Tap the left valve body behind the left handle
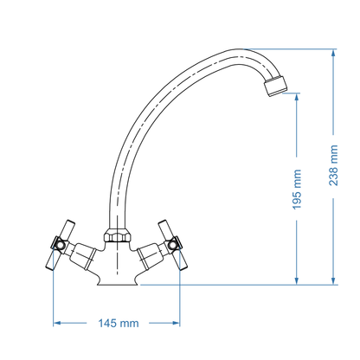(x=85, y=254)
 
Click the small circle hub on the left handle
(x=58, y=246)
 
